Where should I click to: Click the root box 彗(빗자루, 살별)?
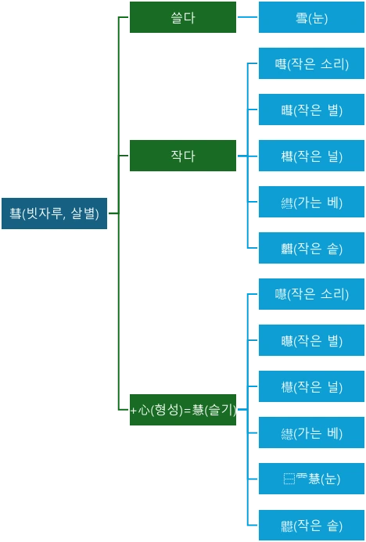[x=55, y=213]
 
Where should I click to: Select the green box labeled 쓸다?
[x=182, y=17]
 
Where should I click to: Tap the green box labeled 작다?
[x=182, y=156]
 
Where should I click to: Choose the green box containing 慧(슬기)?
[x=182, y=410]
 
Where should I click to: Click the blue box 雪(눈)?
[x=311, y=17]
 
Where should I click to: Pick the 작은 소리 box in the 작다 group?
[x=311, y=64]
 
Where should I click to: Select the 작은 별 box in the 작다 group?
[x=311, y=110]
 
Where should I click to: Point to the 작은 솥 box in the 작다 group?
[x=311, y=249]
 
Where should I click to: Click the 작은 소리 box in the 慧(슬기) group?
[x=311, y=294]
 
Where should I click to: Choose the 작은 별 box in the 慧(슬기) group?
[x=311, y=340]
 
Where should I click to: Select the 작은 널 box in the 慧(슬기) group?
[x=311, y=386]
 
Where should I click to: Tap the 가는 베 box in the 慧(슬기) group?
[x=311, y=433]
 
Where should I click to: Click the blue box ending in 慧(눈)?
[x=311, y=479]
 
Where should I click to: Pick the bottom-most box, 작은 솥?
[x=311, y=525]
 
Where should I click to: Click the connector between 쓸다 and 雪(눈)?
[x=247, y=16]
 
